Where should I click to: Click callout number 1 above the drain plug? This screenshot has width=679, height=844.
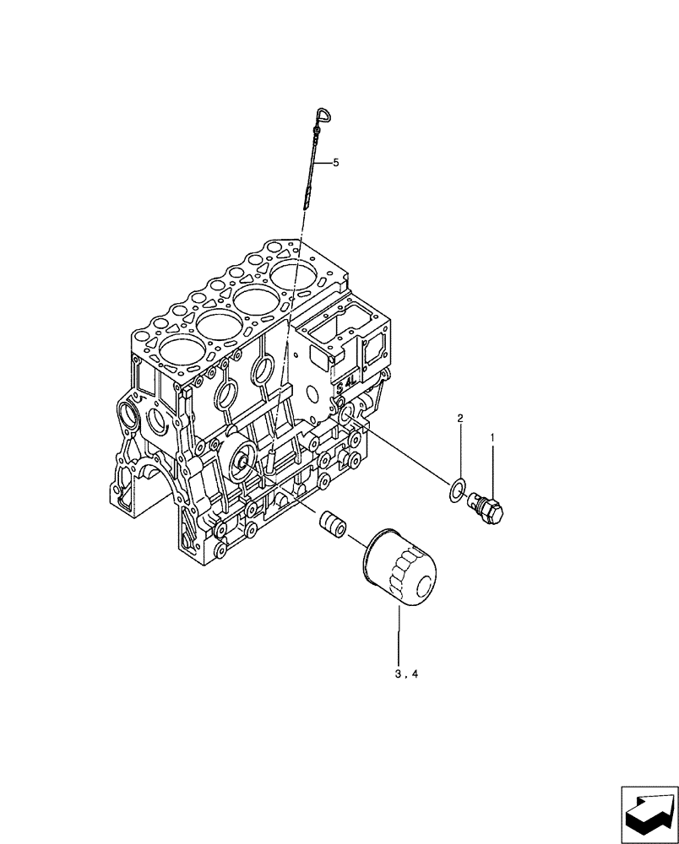(x=492, y=438)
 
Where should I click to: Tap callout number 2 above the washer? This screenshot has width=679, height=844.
(x=460, y=419)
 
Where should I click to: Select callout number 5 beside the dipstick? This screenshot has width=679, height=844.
(x=335, y=163)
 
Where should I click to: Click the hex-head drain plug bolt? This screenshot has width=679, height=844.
(x=489, y=506)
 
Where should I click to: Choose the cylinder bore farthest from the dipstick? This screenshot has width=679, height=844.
(x=180, y=354)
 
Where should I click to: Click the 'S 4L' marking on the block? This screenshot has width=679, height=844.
(x=346, y=386)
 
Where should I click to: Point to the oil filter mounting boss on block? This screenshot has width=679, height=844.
(x=244, y=461)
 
